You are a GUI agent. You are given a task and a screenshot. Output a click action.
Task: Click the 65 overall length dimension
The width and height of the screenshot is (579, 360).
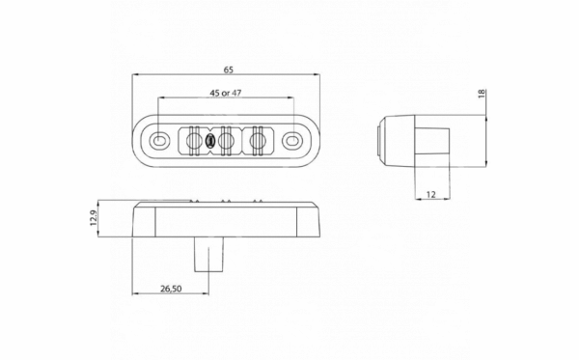point(229,69)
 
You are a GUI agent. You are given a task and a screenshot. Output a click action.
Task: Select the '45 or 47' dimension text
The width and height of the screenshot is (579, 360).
point(226,93)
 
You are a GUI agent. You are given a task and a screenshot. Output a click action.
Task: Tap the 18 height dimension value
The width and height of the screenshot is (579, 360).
point(482,94)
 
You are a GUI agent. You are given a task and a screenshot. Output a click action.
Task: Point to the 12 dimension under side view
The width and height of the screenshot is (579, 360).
point(431,194)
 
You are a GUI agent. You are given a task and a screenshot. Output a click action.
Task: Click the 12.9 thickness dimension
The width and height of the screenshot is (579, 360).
point(93,218)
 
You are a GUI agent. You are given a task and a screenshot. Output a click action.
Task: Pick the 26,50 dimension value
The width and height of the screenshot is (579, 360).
point(171,289)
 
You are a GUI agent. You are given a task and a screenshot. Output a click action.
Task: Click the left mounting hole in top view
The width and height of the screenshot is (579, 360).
point(159,140)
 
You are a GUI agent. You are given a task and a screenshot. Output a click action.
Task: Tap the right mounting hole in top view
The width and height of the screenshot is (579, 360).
point(291,140)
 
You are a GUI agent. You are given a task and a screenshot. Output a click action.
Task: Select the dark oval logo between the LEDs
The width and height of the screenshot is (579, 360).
point(209,141)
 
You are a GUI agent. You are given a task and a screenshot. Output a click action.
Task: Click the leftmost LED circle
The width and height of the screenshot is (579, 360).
point(193,140)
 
